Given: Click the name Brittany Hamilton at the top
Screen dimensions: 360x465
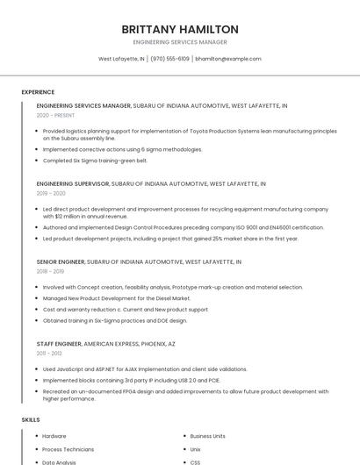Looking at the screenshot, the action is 180,29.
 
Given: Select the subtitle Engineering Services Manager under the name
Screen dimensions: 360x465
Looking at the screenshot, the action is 180,42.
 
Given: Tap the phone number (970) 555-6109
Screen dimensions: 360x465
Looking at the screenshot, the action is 169,59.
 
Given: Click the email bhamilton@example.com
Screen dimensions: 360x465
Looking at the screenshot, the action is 228,59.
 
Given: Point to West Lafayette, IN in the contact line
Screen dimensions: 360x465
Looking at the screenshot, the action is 121,59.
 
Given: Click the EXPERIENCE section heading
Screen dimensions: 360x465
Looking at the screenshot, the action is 38,92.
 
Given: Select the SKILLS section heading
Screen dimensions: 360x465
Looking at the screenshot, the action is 31,420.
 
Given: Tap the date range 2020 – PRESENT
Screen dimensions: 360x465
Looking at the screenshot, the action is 55,115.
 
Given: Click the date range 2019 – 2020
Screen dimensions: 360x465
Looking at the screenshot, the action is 51,193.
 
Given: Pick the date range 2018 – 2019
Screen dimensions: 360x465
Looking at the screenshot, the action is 51,271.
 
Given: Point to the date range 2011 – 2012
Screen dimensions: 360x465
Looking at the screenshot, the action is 50,353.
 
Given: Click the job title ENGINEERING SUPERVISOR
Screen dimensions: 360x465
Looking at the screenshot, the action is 73,183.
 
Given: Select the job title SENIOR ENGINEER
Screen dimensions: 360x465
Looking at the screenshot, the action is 61,261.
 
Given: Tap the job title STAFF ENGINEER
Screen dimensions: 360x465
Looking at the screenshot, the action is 59,343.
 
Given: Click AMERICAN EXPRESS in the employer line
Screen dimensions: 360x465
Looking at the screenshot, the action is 112,343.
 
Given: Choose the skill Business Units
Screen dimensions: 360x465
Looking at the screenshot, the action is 207,436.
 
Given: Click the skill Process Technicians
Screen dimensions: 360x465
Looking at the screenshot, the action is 68,449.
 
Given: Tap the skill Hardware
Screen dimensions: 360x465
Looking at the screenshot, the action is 54,436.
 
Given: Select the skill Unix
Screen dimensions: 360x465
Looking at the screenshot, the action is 196,449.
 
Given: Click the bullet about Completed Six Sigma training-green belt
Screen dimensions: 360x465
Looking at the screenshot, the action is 95,161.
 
